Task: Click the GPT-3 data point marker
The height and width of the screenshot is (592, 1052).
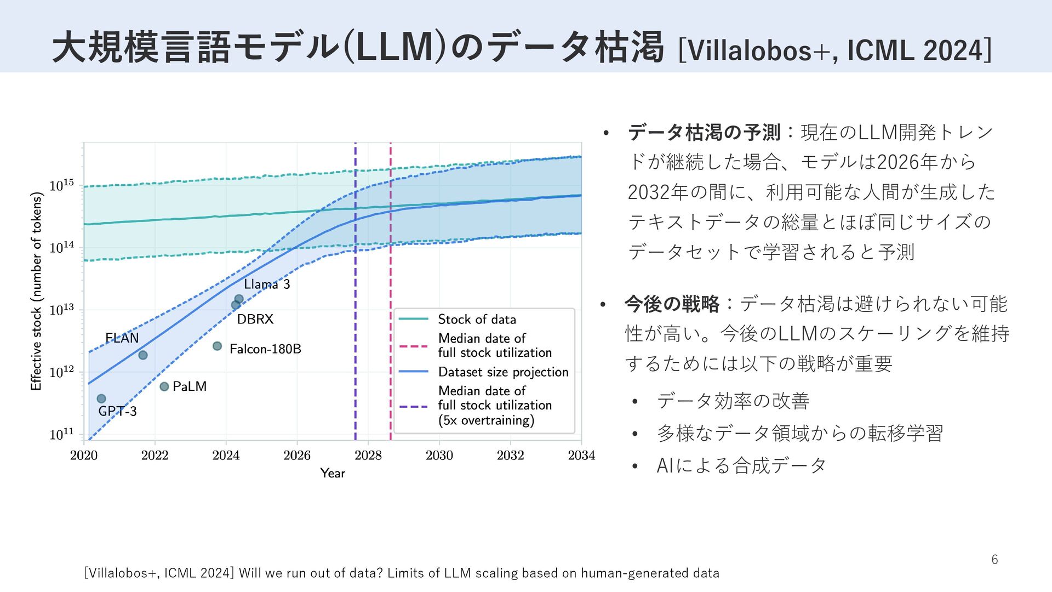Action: pyautogui.click(x=101, y=399)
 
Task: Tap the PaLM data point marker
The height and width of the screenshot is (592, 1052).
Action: pyautogui.click(x=164, y=386)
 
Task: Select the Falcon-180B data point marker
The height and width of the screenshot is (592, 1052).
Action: pyautogui.click(x=218, y=346)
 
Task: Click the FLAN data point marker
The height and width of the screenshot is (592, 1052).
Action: pyautogui.click(x=143, y=355)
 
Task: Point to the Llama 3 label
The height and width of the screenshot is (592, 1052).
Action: pyautogui.click(x=266, y=284)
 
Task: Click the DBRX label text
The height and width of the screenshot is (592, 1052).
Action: pyautogui.click(x=255, y=319)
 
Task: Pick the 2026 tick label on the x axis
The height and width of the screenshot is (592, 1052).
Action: pyautogui.click(x=297, y=456)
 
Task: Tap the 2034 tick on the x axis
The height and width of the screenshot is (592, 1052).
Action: pyautogui.click(x=581, y=456)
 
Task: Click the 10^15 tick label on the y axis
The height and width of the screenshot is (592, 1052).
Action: pyautogui.click(x=61, y=185)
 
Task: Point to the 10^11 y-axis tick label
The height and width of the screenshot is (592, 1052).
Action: pyautogui.click(x=61, y=434)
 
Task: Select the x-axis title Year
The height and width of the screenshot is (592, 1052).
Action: pyautogui.click(x=333, y=473)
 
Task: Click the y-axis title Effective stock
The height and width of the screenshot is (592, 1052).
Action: pyautogui.click(x=36, y=291)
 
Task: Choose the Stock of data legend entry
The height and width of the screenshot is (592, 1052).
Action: pyautogui.click(x=477, y=319)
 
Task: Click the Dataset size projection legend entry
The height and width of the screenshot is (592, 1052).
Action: pyautogui.click(x=503, y=372)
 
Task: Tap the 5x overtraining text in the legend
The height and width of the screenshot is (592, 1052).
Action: pyautogui.click(x=486, y=420)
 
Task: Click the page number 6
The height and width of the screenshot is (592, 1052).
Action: pyautogui.click(x=994, y=560)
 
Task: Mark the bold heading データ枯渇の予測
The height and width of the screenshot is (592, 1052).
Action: pyautogui.click(x=704, y=132)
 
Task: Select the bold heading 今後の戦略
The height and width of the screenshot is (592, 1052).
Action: pyautogui.click(x=672, y=304)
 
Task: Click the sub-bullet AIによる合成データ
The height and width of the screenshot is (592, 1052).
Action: pyautogui.click(x=741, y=465)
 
